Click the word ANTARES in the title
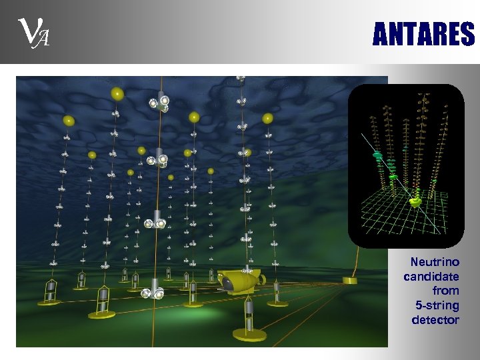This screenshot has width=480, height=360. click(x=423, y=34)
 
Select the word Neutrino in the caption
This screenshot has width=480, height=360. click(x=435, y=262)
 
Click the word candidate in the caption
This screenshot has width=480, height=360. click(x=431, y=276)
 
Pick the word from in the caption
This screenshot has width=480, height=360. click(x=446, y=291)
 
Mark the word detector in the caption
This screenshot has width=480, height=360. click(x=435, y=320)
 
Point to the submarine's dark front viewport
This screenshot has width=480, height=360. click(x=228, y=283)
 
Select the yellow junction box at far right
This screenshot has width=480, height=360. click(x=350, y=279)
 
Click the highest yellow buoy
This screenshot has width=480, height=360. click(x=117, y=93)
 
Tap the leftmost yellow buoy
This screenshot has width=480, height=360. click(x=68, y=121)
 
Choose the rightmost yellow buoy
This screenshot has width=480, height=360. click(x=267, y=119)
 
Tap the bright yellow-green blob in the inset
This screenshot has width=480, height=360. click(x=415, y=201)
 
